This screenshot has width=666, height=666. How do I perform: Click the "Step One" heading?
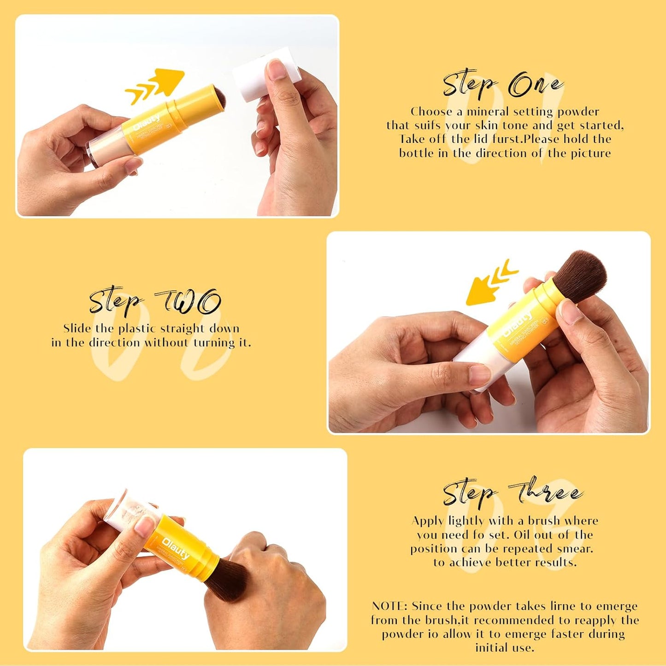point(502,85)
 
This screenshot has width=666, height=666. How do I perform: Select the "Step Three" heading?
point(513,493)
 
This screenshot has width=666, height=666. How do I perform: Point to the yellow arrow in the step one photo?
point(157,85)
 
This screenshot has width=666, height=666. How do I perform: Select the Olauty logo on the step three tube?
point(176,548)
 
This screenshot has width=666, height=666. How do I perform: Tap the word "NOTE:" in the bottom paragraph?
point(389,606)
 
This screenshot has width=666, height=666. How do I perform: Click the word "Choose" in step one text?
point(431,112)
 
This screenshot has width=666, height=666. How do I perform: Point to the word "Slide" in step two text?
point(77,329)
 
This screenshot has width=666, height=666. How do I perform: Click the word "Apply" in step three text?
point(428,521)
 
